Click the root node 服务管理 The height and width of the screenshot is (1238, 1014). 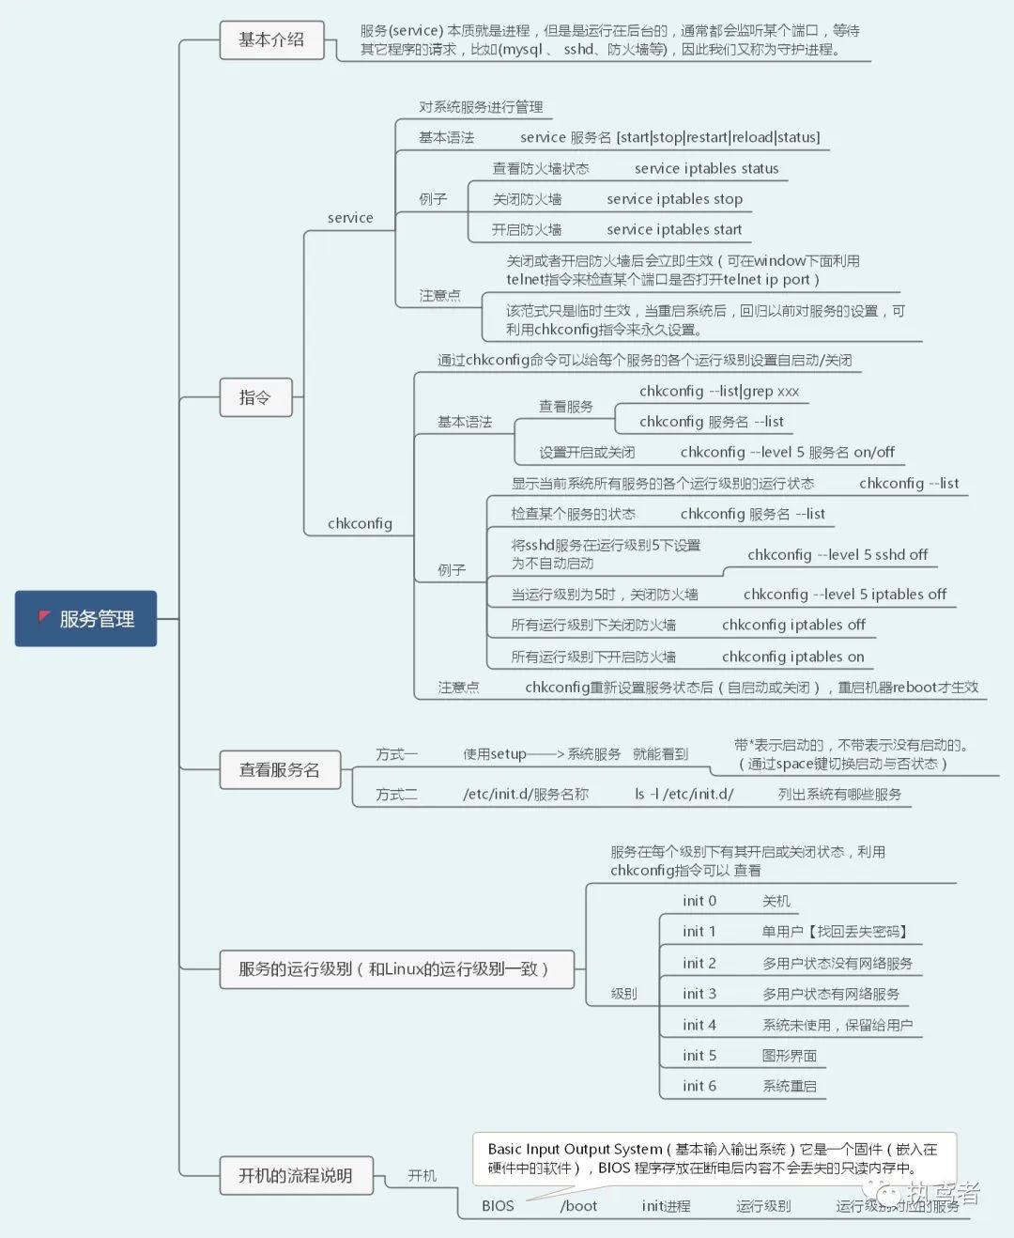pos(86,619)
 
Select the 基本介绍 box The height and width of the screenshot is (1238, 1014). pos(271,40)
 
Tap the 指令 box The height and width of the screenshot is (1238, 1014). pos(255,397)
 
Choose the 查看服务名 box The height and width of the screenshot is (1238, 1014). pos(279,770)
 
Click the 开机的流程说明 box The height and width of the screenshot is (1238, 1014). pos(296,1175)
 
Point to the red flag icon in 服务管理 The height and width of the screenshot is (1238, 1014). pos(44,617)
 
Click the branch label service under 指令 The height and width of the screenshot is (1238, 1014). pos(350,218)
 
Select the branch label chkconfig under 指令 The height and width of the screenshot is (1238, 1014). pos(360,523)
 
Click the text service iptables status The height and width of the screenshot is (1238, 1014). pos(706,168)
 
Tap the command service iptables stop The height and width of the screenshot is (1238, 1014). pos(674,199)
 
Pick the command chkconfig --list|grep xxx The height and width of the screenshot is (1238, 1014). pos(719,391)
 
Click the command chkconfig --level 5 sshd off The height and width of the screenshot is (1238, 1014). pos(837,554)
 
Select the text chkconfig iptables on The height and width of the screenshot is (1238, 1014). pos(792,657)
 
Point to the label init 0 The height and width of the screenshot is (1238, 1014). pos(699,901)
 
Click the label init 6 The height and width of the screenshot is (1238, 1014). pos(699,1086)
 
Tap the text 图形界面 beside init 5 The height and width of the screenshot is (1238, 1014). pos(790,1056)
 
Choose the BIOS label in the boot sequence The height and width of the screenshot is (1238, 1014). pos(498,1206)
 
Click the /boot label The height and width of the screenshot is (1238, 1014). pos(578,1206)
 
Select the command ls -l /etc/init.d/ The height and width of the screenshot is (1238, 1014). pos(684,794)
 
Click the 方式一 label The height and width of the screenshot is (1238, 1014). pos(396,754)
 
